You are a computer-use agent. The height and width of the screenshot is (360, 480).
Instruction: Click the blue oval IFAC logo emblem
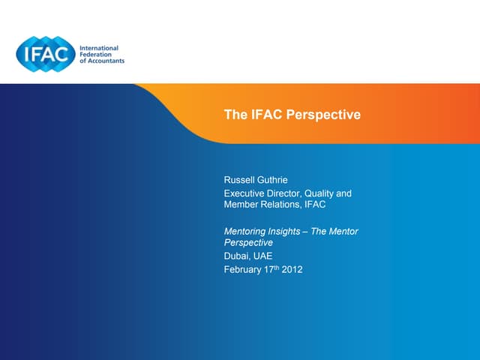click(46, 52)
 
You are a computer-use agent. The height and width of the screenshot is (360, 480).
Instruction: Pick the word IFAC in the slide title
click(266, 115)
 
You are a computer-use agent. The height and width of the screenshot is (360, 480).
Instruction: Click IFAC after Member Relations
click(315, 205)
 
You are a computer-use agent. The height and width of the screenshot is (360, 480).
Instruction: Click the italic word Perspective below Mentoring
click(248, 243)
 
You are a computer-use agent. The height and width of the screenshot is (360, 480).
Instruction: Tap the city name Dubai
click(236, 256)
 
